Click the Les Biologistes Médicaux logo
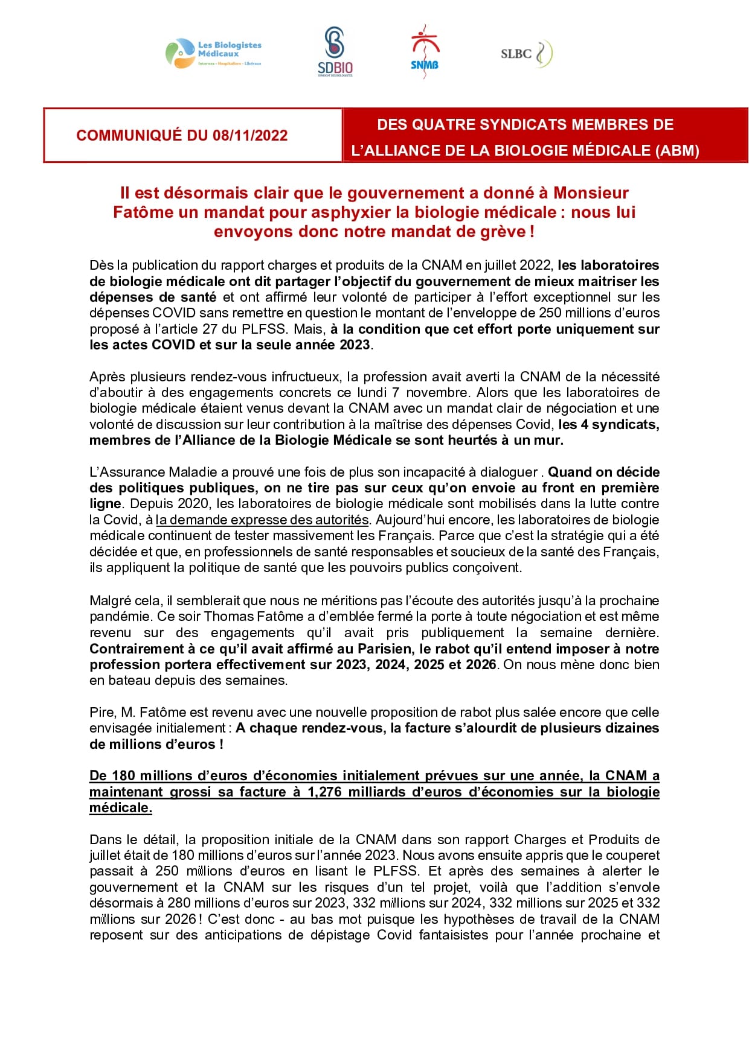pyautogui.click(x=214, y=53)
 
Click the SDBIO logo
pyautogui.click(x=335, y=52)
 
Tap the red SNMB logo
pyautogui.click(x=425, y=52)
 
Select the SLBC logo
pyautogui.click(x=526, y=53)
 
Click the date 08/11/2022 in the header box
pyautogui.click(x=250, y=135)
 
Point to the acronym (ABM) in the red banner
pyautogui.click(x=677, y=151)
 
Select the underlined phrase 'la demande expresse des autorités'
pyautogui.click(x=262, y=520)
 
